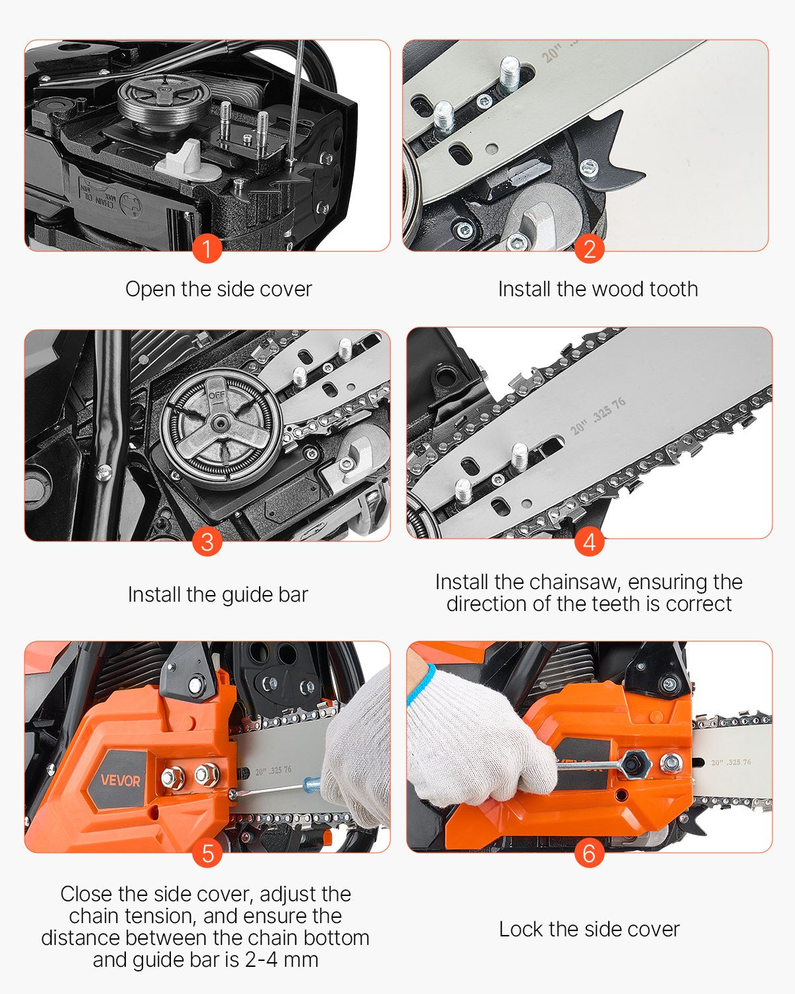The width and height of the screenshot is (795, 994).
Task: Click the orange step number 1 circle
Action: (x=207, y=250)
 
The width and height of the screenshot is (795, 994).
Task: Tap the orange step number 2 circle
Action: (x=589, y=250)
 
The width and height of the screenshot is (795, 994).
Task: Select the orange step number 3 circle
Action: (x=207, y=542)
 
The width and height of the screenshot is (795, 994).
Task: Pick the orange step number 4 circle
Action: (x=589, y=542)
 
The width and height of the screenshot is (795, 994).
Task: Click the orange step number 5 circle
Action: (x=207, y=854)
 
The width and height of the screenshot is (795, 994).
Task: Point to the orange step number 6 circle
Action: (x=589, y=854)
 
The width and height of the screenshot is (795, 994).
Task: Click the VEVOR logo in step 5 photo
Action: (x=121, y=780)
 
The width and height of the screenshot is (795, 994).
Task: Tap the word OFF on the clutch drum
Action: (x=217, y=396)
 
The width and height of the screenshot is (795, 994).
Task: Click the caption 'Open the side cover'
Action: (x=219, y=290)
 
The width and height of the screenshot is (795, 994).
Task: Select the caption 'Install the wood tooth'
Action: (x=598, y=290)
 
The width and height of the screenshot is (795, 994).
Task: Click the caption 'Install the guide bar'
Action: (x=218, y=594)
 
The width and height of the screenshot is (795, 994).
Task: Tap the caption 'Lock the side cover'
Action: (x=589, y=929)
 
